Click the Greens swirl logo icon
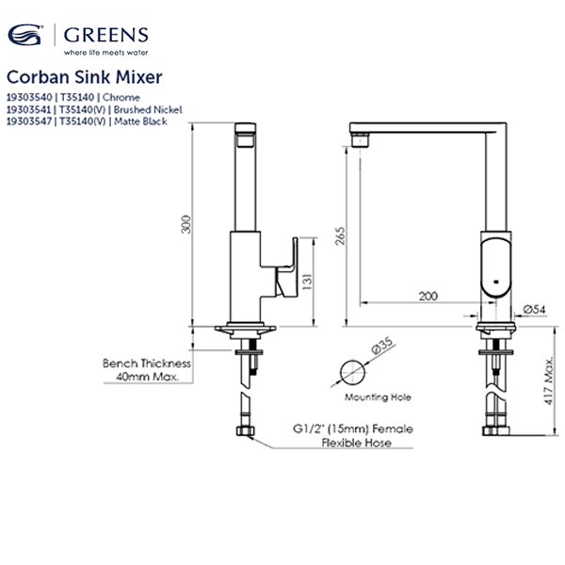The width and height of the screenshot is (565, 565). tap(25, 38)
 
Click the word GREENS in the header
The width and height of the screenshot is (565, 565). tap(105, 36)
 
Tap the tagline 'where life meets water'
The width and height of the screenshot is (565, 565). tap(105, 54)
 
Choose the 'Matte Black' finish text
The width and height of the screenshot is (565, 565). tap(141, 121)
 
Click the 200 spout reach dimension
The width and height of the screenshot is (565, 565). tap(428, 296)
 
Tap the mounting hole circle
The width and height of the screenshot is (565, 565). tap(350, 369)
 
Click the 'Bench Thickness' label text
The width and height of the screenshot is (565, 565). tap(146, 363)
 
